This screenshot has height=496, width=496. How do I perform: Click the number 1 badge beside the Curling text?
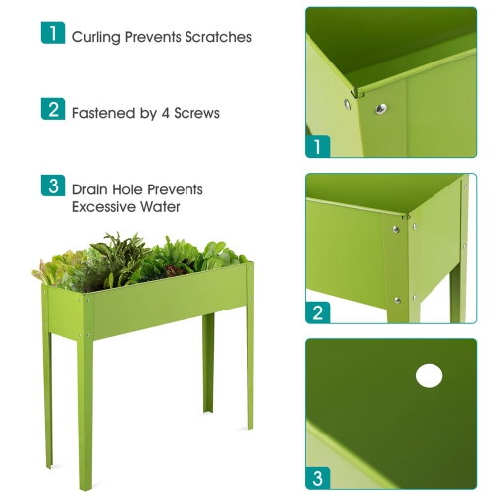tap(52, 34)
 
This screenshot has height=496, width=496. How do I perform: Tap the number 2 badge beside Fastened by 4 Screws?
tap(52, 109)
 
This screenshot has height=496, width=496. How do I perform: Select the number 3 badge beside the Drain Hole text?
tap(52, 186)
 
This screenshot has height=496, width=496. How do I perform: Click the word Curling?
tap(96, 37)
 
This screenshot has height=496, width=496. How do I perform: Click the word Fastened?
tap(104, 113)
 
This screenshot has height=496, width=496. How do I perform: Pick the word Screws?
tap(196, 113)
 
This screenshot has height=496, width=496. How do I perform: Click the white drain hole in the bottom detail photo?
tap(430, 376)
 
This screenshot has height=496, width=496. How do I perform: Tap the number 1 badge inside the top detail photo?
tap(318, 147)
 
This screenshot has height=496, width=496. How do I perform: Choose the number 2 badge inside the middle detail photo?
tap(318, 312)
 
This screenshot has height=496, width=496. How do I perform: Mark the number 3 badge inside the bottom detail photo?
tap(318, 478)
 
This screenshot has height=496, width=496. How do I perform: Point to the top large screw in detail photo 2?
tap(396, 229)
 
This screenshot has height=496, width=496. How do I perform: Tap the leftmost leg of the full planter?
tap(47, 397)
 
